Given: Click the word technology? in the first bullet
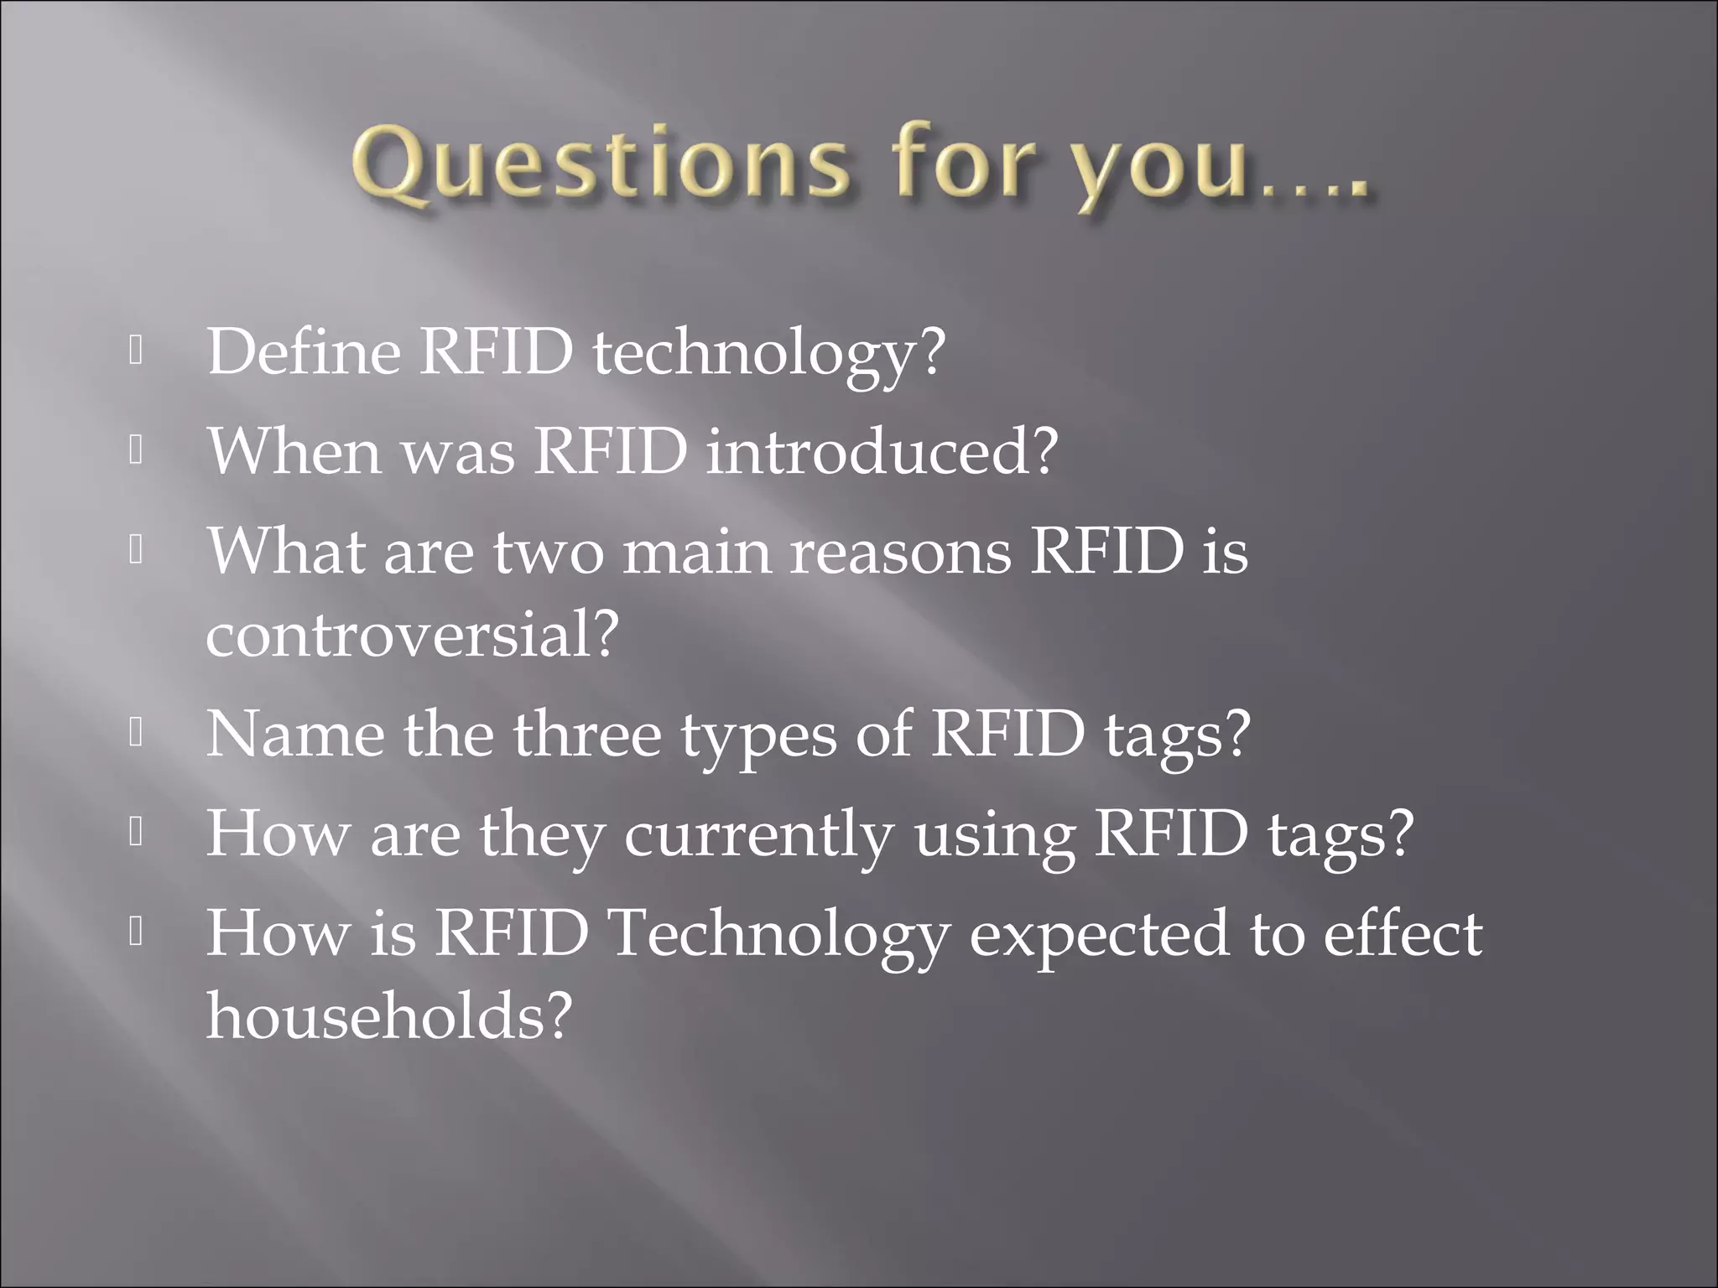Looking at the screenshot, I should tap(768, 356).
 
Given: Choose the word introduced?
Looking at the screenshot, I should tap(882, 452).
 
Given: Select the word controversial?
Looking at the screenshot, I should tap(412, 635).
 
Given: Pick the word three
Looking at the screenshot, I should tap(586, 735).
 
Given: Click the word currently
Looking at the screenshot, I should tap(758, 837).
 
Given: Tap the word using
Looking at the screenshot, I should tap(995, 837).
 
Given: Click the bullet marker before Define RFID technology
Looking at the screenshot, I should tap(135, 351).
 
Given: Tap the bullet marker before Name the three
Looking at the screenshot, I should tap(135, 733).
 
